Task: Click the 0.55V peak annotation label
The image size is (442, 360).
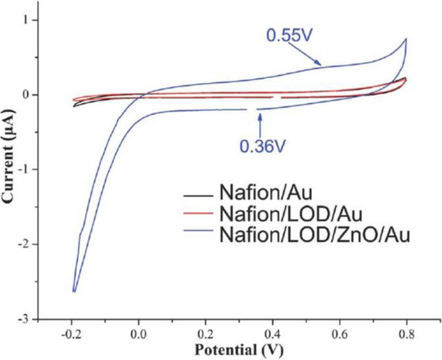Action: coord(291,35)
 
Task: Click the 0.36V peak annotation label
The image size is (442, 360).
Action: coord(263,146)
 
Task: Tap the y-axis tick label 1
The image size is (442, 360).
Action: coord(26,20)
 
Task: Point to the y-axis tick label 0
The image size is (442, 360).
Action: coord(26,95)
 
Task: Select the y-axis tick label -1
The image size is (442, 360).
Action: coord(24,170)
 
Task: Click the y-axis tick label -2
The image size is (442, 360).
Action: coord(24,244)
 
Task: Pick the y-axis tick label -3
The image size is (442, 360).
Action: coord(24,319)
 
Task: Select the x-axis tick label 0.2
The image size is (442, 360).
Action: coord(205,334)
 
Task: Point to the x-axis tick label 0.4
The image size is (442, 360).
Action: coord(272,334)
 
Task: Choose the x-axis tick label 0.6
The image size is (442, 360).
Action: coord(340,334)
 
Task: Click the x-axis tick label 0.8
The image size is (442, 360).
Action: coord(407,334)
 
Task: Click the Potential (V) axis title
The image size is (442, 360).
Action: coord(239,350)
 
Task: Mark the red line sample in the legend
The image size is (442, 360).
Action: coord(197,214)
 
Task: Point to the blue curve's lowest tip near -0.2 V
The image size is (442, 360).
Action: coord(74,291)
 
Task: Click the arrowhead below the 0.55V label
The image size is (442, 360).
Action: coord(319,64)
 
